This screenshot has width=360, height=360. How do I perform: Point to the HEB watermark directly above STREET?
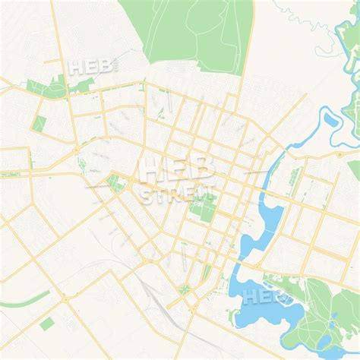pos(177,169)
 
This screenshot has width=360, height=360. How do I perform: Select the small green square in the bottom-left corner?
pos(47,324)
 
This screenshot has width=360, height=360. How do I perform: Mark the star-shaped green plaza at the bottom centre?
pos(185,289)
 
